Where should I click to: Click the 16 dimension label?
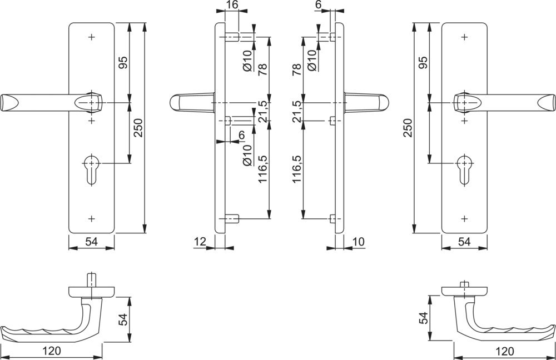pos(232,6)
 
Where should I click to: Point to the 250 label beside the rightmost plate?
pos(408,128)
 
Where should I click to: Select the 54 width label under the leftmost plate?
pos(92,242)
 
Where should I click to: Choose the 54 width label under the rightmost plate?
pos(464,242)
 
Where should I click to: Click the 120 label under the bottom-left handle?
pos(52,351)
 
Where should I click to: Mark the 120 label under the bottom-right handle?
pos(504,351)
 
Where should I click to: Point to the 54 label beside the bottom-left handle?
pos(123,320)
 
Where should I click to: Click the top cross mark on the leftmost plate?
pos(92,37)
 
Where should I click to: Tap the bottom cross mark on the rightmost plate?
pos(464,218)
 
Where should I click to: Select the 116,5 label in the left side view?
pos(262,172)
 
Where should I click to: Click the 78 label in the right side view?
pos(296,69)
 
